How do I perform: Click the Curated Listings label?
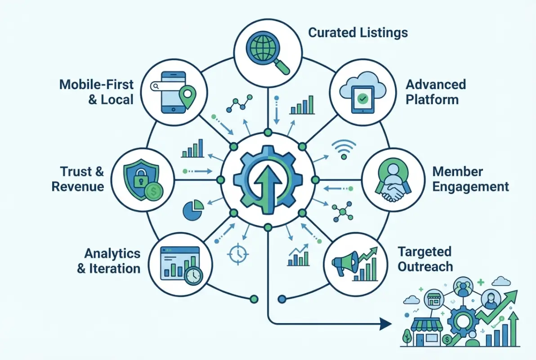tap(358, 33)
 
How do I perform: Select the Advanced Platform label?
tap(435, 92)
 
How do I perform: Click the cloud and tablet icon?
tap(362, 93)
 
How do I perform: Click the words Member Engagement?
tap(470, 179)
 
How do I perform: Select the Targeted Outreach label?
tap(424, 259)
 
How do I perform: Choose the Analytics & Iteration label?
tap(108, 261)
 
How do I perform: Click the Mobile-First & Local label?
tap(97, 92)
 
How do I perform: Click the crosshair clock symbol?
tap(237, 253)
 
